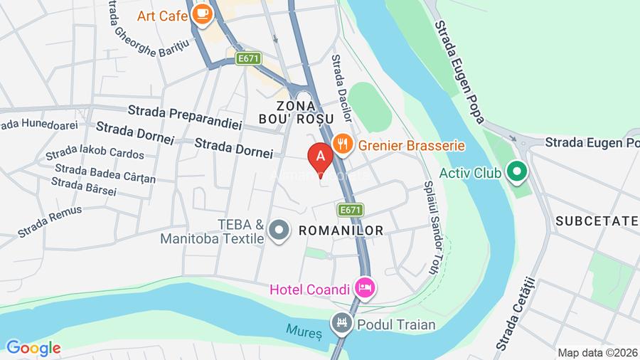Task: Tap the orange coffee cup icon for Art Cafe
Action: tap(203, 13)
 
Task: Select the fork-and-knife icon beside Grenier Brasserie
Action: tap(343, 144)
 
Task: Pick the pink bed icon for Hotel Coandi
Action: tap(366, 288)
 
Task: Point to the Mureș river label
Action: tap(304, 332)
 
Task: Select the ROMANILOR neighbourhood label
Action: tap(341, 231)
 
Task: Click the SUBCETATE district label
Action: tap(597, 221)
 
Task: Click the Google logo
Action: tap(33, 349)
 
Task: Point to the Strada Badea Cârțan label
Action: tap(105, 173)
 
